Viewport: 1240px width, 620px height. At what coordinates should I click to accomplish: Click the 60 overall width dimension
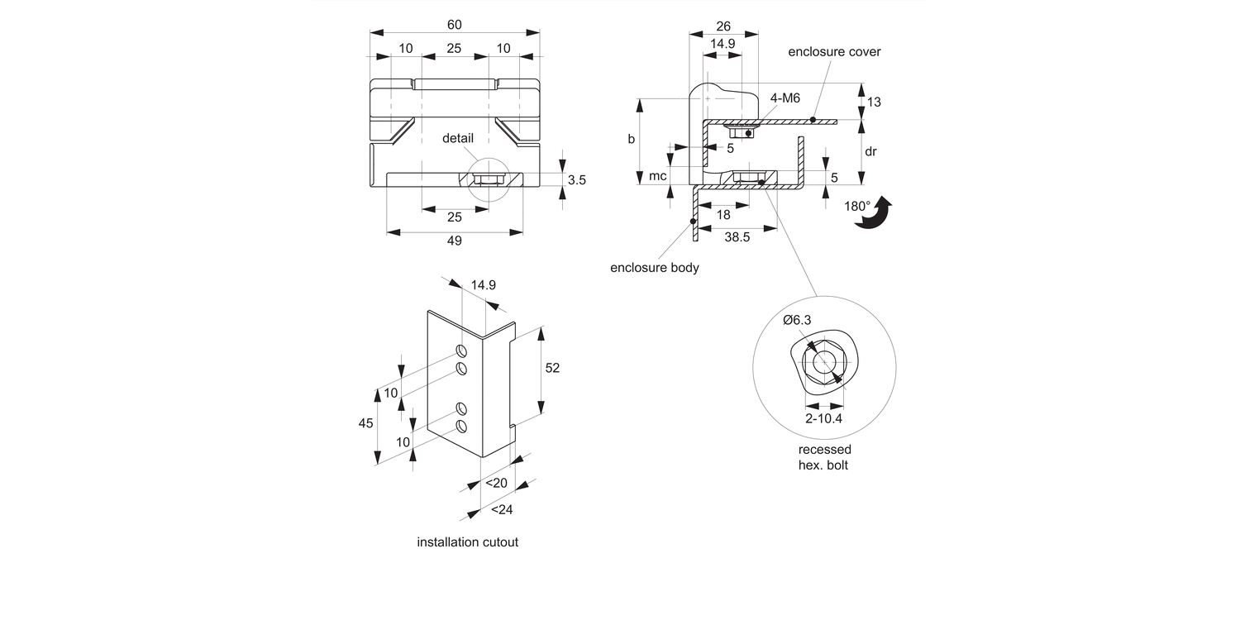pos(454,24)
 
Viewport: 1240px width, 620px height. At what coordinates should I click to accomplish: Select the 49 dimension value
pos(454,241)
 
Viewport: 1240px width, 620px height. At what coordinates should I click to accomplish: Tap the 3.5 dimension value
pos(577,179)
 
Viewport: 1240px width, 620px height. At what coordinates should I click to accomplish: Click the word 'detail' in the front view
pos(458,138)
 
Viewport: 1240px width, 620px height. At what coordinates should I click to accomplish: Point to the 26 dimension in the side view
pos(723,26)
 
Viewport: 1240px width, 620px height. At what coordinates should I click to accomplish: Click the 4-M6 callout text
pos(785,98)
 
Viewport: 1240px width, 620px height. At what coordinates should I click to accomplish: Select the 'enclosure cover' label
pos(834,52)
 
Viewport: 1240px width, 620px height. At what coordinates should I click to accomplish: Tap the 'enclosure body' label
pos(655,267)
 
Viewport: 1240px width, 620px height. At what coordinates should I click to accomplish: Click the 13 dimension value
pos(875,103)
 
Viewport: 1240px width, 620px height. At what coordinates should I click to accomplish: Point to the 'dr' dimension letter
pos(870,151)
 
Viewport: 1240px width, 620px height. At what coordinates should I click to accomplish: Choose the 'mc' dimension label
pos(658,176)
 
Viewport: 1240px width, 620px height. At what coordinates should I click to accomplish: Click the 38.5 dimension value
pos(737,236)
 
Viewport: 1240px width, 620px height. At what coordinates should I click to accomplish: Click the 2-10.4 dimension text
pos(824,419)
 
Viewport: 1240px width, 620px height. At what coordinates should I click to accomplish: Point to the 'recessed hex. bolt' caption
pos(824,457)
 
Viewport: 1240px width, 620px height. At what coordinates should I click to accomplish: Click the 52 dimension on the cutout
pos(551,368)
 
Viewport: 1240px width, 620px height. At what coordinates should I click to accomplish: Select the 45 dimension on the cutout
pos(365,423)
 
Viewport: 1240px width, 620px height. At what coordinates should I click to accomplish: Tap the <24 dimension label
pos(502,510)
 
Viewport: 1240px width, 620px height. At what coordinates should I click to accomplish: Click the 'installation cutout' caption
pos(467,543)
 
